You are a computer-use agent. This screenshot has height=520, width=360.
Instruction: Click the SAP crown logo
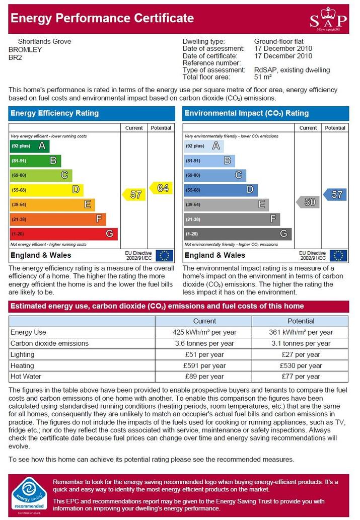(x=328, y=19)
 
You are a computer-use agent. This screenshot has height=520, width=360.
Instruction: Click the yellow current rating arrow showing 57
(x=134, y=194)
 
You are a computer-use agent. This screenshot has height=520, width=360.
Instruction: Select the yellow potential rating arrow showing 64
(x=161, y=188)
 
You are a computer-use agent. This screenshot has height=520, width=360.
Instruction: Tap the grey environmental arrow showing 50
(x=308, y=202)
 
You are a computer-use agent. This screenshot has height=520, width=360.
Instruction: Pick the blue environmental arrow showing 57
(x=335, y=194)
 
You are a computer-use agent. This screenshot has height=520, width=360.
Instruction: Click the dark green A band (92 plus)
(x=30, y=146)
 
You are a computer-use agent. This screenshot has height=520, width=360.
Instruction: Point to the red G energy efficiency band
(x=64, y=234)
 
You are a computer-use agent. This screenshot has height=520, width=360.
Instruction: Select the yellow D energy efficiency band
(x=46, y=190)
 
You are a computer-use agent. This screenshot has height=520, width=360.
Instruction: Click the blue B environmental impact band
(x=209, y=161)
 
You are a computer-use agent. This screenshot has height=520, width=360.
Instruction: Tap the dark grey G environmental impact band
(x=238, y=234)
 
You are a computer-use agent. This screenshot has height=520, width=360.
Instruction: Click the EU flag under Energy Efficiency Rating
(x=164, y=256)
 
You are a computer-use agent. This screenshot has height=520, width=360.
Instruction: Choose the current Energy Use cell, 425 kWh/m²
(x=204, y=332)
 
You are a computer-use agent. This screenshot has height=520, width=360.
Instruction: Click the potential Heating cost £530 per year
(x=301, y=366)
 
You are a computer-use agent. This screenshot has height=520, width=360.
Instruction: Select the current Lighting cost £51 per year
(x=204, y=354)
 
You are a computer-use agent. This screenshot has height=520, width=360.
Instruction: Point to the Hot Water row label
(x=26, y=377)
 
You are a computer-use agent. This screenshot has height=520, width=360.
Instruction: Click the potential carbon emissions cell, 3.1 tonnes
(x=301, y=344)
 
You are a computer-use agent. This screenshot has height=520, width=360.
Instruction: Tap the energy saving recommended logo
(x=29, y=496)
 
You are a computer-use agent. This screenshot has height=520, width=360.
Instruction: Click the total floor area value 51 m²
(x=263, y=77)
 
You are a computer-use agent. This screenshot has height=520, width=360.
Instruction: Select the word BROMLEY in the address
(x=25, y=50)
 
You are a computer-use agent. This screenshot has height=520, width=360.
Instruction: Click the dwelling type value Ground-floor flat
(x=279, y=41)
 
